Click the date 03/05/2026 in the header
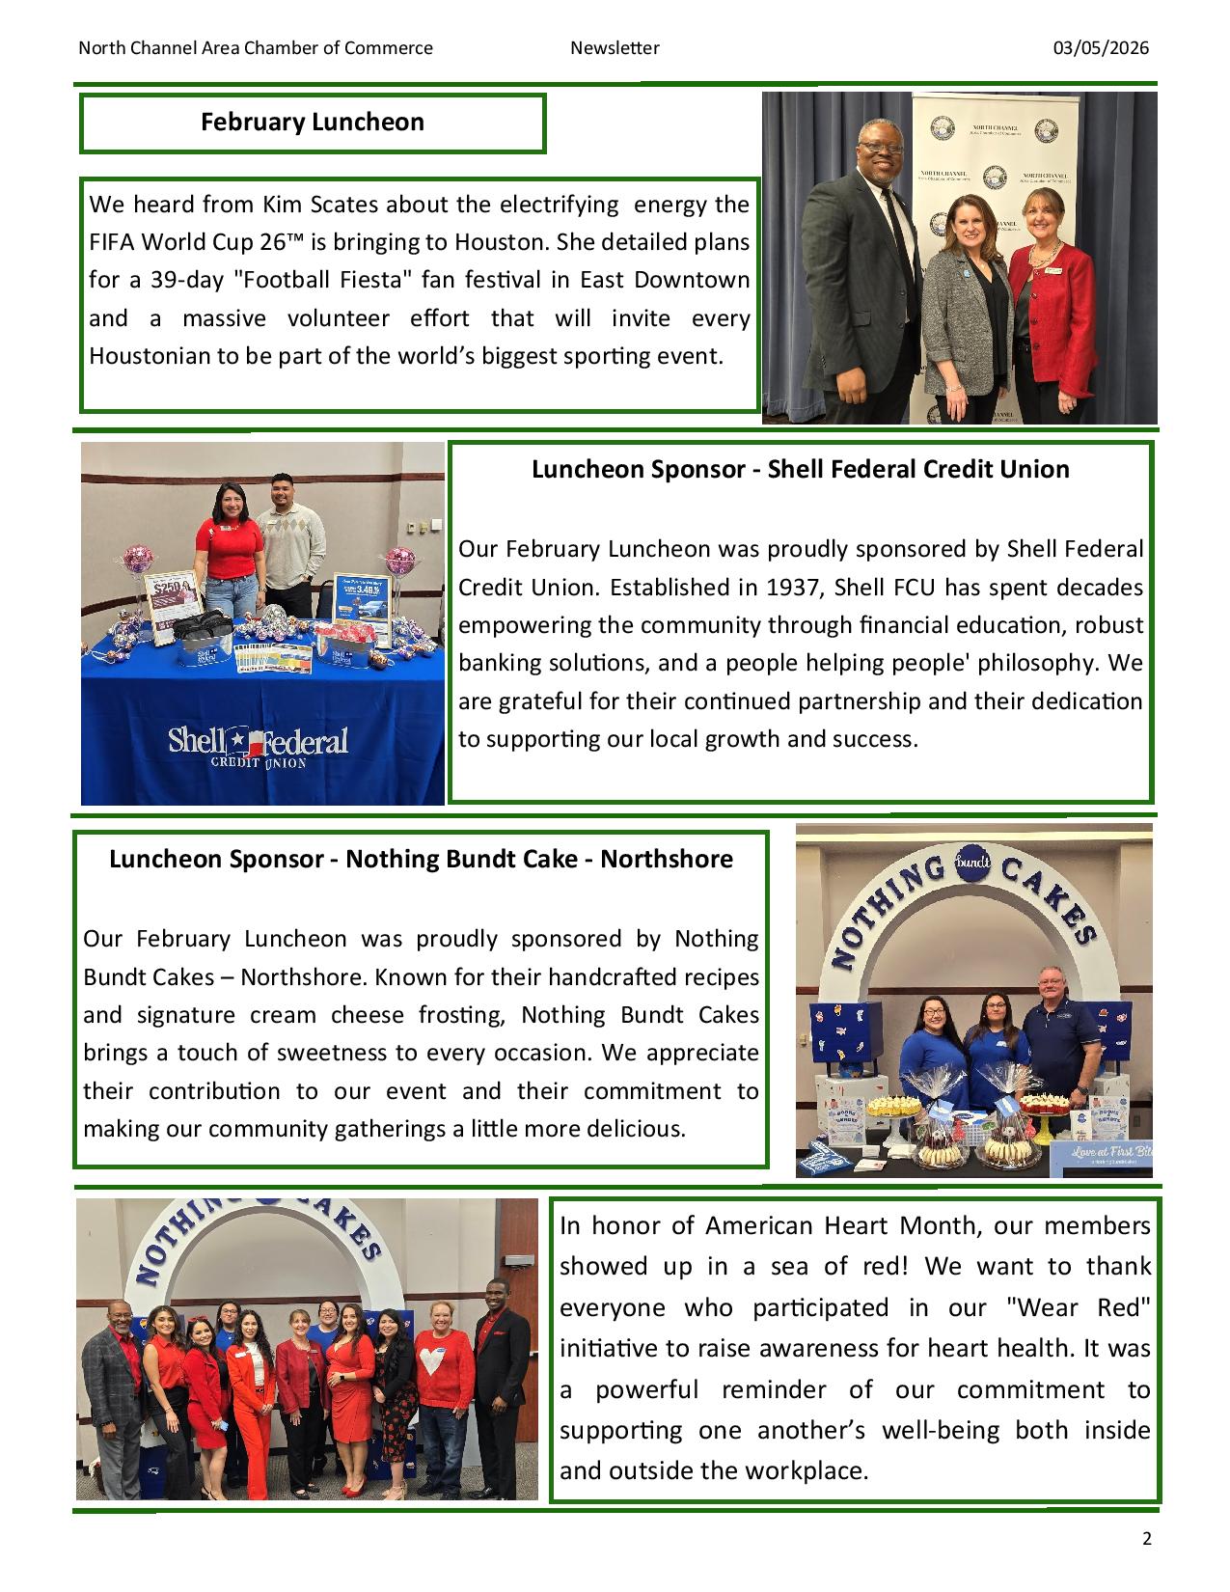(1101, 48)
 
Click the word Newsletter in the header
(615, 48)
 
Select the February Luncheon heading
(312, 123)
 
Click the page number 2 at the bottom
(1146, 1539)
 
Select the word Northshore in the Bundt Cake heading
(667, 859)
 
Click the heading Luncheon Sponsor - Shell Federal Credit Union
(800, 470)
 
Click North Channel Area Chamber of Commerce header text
(256, 48)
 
